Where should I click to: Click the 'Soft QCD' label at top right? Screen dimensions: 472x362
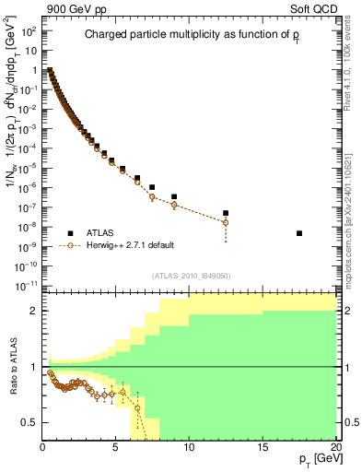[315, 8]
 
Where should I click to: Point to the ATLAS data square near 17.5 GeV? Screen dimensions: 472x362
[299, 233]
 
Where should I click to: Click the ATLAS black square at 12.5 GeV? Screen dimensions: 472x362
[226, 213]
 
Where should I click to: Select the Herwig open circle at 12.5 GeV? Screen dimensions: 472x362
[226, 223]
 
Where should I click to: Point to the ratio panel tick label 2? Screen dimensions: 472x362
[33, 311]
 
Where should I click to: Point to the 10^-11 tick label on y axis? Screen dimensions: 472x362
[25, 286]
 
